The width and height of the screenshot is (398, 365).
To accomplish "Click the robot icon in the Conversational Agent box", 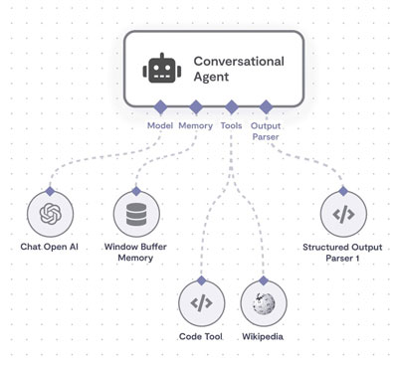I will (x=160, y=69).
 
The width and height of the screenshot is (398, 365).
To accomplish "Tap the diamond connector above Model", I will (x=159, y=106).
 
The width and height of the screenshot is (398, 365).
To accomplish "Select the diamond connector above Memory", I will (x=196, y=106).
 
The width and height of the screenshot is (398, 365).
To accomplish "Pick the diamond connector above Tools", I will (x=231, y=106).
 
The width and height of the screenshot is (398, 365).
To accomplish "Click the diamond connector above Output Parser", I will (x=266, y=106).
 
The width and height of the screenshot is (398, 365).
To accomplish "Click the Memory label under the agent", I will (x=196, y=125).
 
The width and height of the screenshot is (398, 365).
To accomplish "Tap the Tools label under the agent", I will (x=232, y=125).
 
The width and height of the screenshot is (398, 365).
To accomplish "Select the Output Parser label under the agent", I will (x=266, y=131).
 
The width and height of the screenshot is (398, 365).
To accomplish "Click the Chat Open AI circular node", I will (x=50, y=213).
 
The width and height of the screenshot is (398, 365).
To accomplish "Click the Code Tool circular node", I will (x=202, y=303).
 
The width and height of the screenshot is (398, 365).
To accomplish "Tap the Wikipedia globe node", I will (x=264, y=303).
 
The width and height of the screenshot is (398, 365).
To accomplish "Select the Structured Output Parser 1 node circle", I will (x=342, y=213).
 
